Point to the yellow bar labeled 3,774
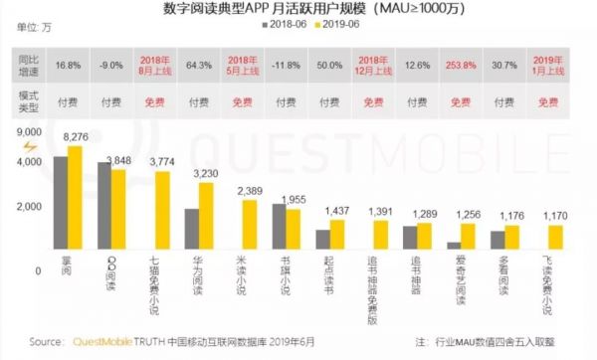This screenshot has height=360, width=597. click(x=161, y=214)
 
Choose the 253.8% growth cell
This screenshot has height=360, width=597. click(x=458, y=66)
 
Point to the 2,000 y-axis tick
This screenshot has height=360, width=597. click(x=27, y=206)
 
